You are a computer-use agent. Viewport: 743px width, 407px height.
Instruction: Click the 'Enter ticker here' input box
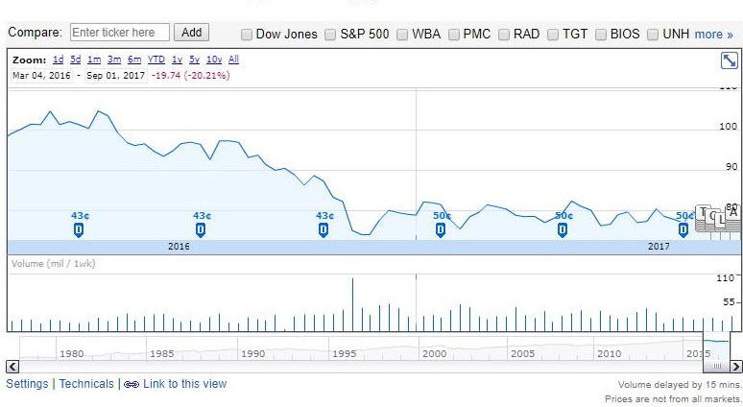119,33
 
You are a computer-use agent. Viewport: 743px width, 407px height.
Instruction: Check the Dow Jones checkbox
247,35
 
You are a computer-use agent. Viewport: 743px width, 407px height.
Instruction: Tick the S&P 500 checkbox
331,35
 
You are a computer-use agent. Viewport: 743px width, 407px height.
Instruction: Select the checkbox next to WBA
402,35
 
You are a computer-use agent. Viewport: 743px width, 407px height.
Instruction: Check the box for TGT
553,35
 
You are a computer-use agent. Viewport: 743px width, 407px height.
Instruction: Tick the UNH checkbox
654,35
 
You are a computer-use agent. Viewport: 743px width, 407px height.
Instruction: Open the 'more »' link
713,35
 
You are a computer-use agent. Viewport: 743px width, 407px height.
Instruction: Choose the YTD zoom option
156,60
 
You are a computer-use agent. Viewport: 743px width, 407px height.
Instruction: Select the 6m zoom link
133,60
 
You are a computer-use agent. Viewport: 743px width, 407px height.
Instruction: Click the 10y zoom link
214,60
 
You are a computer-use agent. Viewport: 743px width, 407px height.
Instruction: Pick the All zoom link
233,60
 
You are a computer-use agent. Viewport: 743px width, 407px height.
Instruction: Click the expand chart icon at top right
729,60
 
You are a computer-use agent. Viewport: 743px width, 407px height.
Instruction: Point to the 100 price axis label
729,127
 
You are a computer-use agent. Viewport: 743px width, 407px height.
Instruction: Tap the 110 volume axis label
727,278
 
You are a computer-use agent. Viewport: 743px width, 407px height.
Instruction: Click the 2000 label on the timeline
434,353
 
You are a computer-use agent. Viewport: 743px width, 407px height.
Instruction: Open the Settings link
27,384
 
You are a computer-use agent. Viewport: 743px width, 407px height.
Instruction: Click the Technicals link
86,384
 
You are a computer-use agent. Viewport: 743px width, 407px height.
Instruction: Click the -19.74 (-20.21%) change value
190,75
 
